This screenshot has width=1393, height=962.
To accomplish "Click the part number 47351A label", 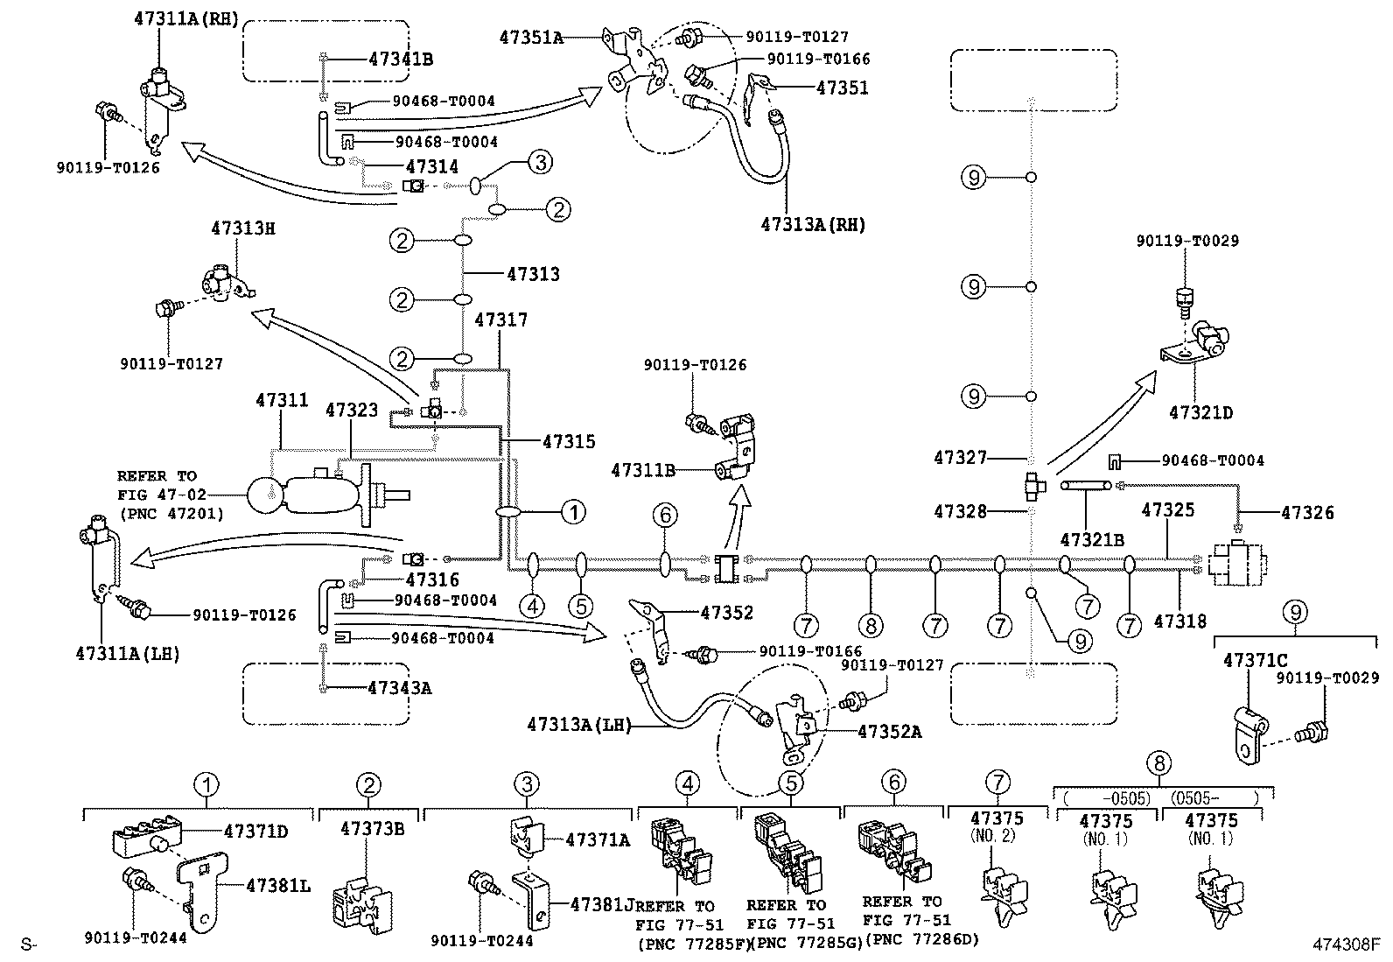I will pos(531,38).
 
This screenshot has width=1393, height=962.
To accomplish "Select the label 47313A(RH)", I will pos(813,225).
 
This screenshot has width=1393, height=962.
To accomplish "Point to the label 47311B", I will pos(643,470).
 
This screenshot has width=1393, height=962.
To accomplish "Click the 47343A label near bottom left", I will pos(400,688).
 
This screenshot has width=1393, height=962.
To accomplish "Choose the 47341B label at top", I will pos(400,60).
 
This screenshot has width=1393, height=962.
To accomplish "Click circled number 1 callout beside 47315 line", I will pos(573,511).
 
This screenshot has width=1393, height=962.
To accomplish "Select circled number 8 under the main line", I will pos(871,625).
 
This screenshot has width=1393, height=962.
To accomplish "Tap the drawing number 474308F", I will pos(1345,944).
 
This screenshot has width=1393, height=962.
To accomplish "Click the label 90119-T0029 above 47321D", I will pos(1187,241).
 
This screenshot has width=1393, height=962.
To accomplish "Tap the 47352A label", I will pos(889,732).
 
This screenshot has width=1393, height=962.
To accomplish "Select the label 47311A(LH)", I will pos(128,653).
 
